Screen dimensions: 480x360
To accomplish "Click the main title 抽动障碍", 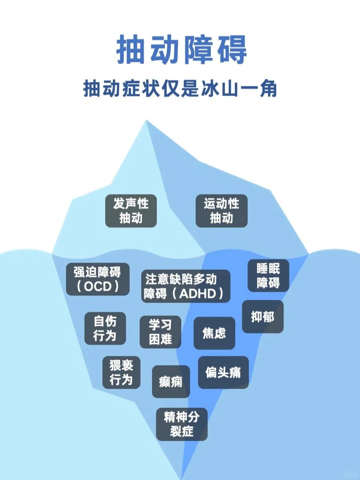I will [x=181, y=50].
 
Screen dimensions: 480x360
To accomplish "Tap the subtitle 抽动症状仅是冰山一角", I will [x=180, y=89].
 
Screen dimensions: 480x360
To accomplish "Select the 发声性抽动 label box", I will [x=131, y=211].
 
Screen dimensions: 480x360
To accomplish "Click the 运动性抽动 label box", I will [x=221, y=211].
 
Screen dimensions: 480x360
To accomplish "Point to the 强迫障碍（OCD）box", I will [x=98, y=279].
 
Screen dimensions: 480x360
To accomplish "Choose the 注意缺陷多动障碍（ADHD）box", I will [x=186, y=286].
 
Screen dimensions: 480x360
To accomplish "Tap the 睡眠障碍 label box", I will [x=268, y=275].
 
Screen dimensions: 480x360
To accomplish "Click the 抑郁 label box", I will [x=262, y=317].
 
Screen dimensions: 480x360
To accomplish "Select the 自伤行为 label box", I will [x=105, y=328].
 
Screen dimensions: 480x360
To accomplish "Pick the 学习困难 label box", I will [x=160, y=332].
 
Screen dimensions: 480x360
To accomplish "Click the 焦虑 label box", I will [x=214, y=333].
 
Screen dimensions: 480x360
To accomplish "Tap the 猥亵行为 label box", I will [x=121, y=372].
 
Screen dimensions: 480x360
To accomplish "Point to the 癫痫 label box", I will [x=171, y=382].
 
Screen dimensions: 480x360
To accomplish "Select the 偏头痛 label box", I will [x=223, y=372].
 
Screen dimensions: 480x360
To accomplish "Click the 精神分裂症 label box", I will [x=182, y=424].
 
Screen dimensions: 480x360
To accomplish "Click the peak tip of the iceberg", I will [x=146, y=121].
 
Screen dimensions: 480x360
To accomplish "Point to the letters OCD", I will [x=97, y=287].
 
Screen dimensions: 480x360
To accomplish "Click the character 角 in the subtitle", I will [x=267, y=89].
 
